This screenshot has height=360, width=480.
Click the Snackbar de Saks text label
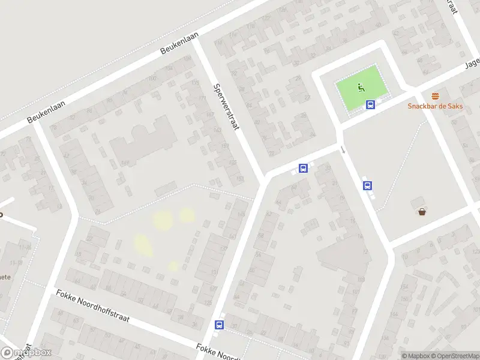point(436,106)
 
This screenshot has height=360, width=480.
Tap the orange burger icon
point(436,96)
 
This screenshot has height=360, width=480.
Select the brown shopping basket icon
point(422,211)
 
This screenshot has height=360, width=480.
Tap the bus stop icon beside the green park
point(371,105)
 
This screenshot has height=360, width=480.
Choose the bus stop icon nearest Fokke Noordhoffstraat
point(219,325)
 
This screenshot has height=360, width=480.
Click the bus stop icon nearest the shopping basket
point(367,186)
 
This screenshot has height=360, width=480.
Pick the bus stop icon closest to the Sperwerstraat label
point(304,169)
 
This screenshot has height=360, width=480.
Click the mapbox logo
point(26,353)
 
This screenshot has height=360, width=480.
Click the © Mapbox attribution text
point(416,356)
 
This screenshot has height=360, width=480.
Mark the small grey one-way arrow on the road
point(343,149)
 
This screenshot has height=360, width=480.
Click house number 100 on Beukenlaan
point(152,79)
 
